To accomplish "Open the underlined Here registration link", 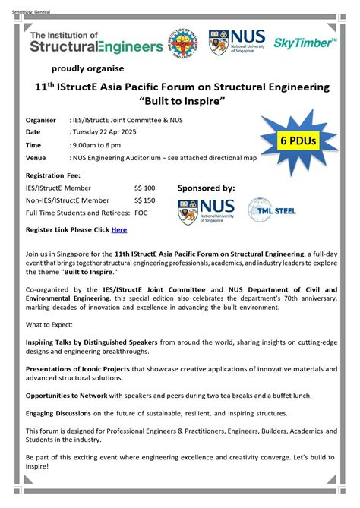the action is (x=119, y=229).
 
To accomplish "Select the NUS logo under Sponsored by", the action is (x=206, y=211).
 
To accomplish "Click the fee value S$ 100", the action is (x=144, y=188).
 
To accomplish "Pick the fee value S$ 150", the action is (x=144, y=200).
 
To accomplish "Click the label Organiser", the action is (x=42, y=119).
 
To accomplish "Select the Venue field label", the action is (x=36, y=158).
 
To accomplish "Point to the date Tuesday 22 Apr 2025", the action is (x=104, y=132).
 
